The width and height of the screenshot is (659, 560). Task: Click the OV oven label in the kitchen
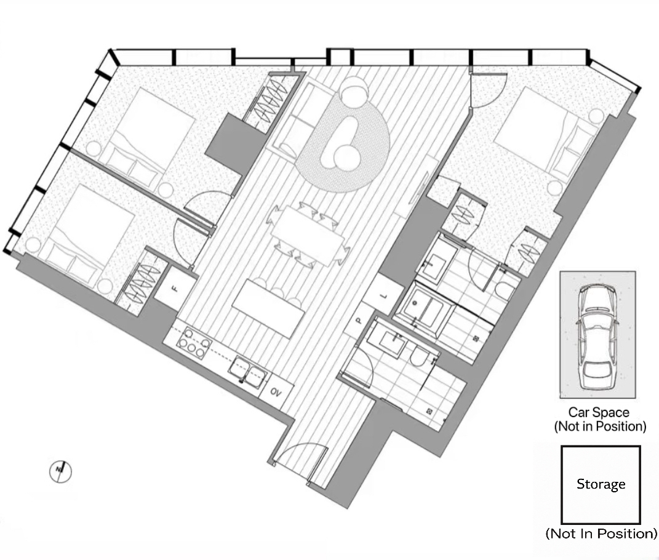[276, 392]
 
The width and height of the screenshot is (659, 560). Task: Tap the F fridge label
[175, 289]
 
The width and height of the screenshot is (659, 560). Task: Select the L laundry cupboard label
[383, 296]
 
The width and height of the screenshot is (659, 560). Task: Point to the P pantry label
[359, 321]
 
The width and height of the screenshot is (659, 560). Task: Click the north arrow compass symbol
[60, 471]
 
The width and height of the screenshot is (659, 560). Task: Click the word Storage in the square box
[601, 484]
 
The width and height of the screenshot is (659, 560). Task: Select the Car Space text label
[599, 412]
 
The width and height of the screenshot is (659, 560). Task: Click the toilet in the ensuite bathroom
[505, 289]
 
